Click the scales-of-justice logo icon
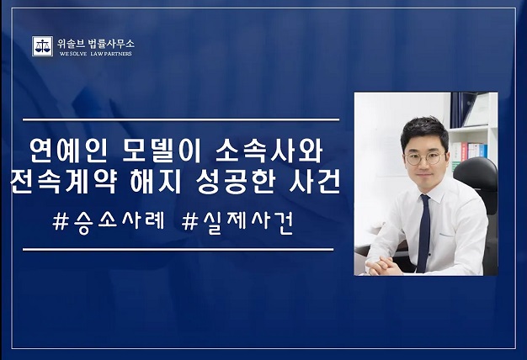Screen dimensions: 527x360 click(x=42, y=46)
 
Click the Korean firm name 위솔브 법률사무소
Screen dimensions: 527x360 click(x=96, y=44)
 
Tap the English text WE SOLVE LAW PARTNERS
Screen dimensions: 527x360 click(x=95, y=54)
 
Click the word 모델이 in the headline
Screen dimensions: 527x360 click(x=162, y=151)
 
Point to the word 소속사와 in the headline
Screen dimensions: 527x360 click(x=269, y=151)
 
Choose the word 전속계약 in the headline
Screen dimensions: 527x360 click(x=64, y=183)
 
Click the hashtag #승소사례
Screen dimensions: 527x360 click(x=109, y=222)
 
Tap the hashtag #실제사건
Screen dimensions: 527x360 click(x=237, y=222)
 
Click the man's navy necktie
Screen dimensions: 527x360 click(x=423, y=233)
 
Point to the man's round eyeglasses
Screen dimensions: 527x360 click(x=425, y=158)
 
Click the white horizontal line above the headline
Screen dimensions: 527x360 click(x=181, y=119)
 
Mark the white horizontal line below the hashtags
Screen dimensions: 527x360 click(x=178, y=250)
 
